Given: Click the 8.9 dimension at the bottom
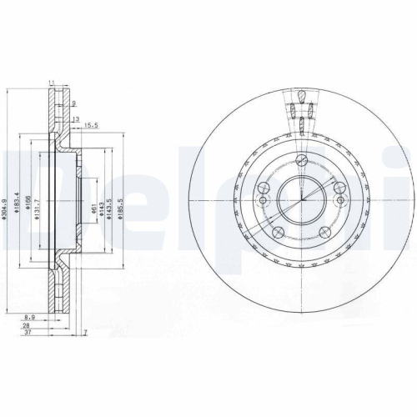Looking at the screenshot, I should pos(30,317).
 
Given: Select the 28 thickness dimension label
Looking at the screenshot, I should pos(28,326).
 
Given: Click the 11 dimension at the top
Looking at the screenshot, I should pos(52,82).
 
